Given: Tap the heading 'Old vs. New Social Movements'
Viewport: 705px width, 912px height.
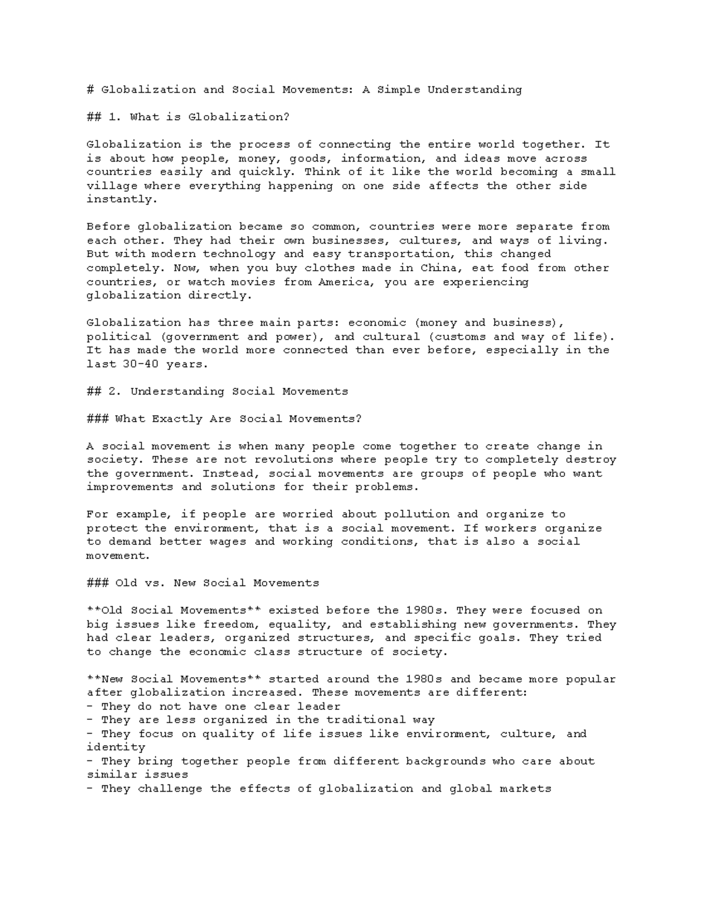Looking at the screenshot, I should (217, 583).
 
